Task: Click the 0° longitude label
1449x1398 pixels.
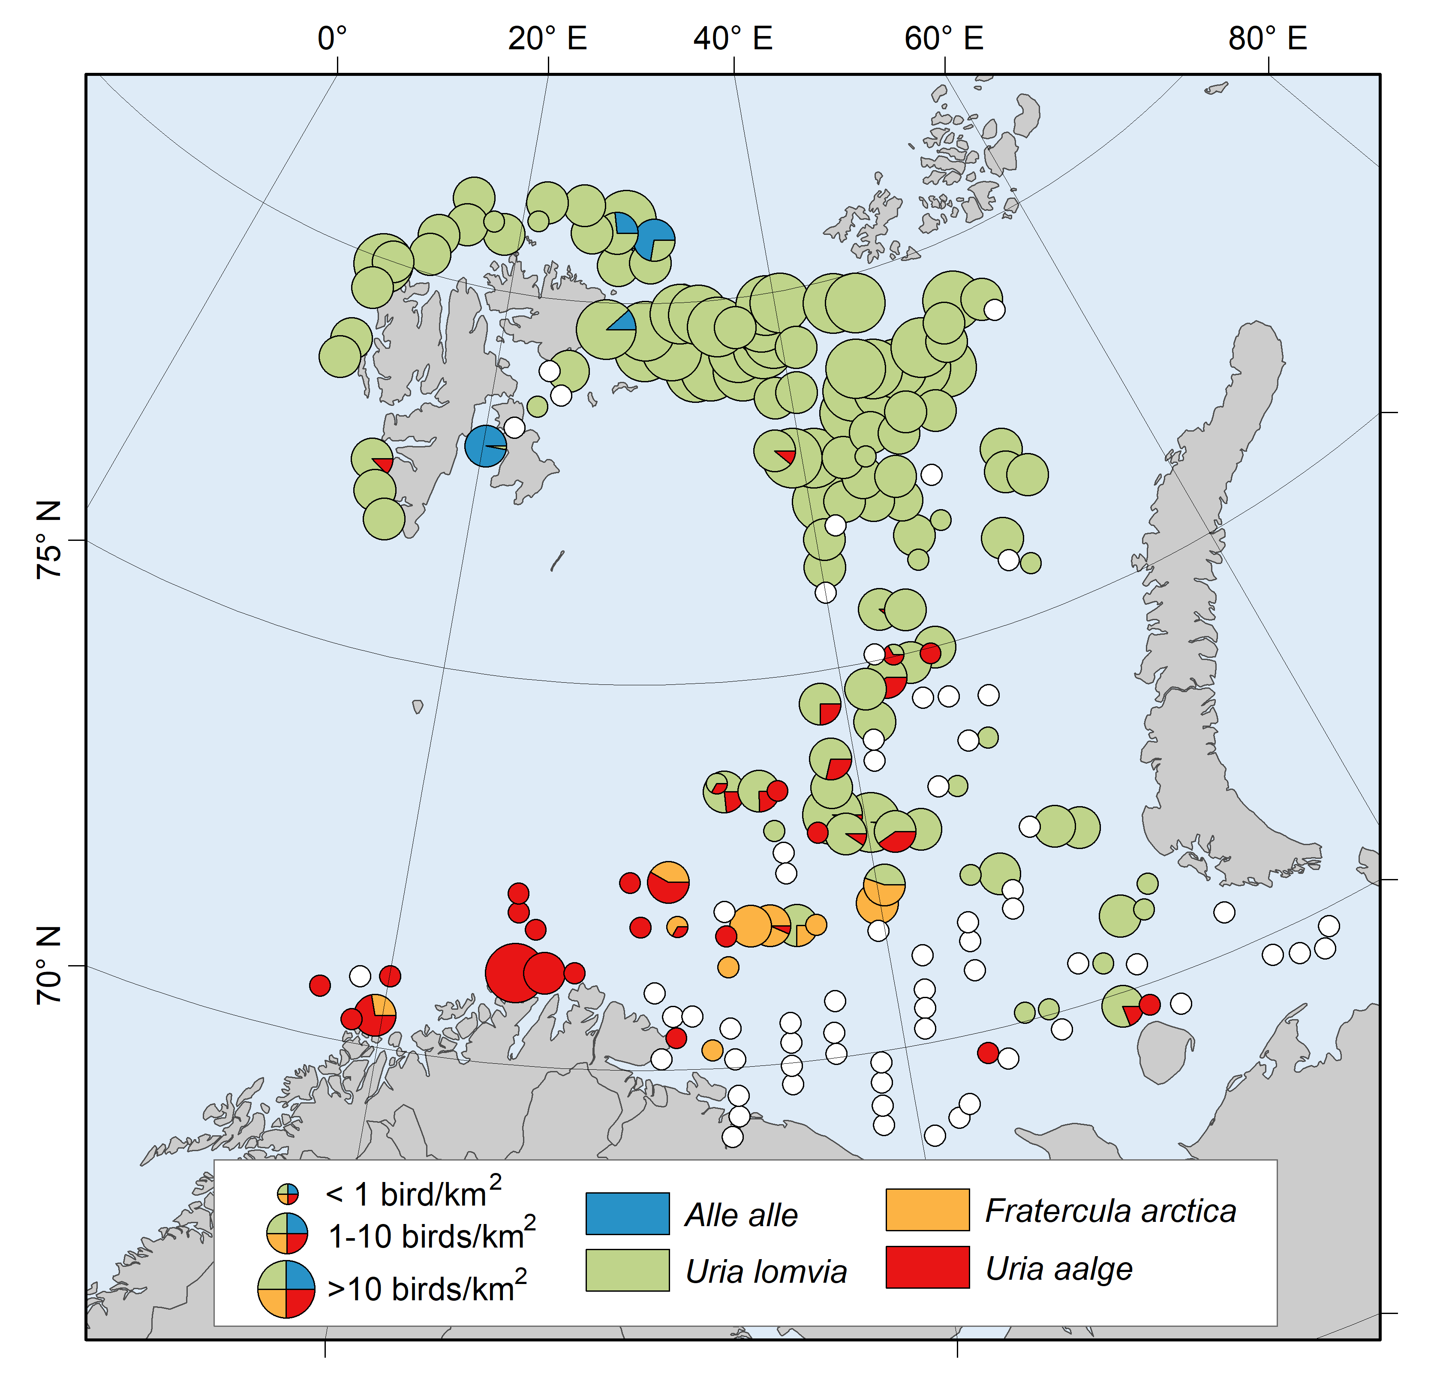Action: [x=332, y=39]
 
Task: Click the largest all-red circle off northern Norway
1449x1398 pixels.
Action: [x=514, y=973]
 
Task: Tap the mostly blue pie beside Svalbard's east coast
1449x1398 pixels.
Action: [x=486, y=446]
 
